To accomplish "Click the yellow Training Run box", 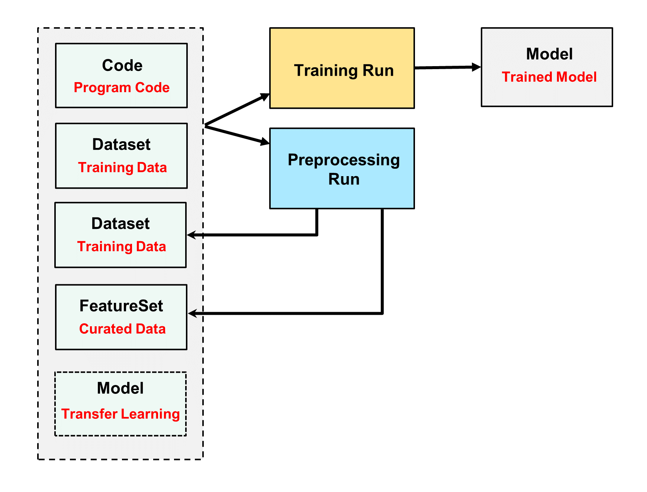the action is click(342, 68).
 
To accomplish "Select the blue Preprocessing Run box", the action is click(342, 168).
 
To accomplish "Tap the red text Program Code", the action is click(122, 88).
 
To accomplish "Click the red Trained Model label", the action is click(549, 77).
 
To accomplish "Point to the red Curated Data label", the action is click(122, 329).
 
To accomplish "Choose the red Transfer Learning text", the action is click(120, 414).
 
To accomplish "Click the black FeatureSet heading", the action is click(121, 306).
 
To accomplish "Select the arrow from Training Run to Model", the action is click(448, 67).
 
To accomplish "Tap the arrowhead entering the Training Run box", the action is click(265, 97).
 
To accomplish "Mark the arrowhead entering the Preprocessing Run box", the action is click(265, 142).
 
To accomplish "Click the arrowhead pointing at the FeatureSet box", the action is click(193, 314).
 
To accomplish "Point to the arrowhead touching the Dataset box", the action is click(192, 235).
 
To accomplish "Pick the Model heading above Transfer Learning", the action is click(120, 388).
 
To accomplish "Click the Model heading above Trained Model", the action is click(549, 54).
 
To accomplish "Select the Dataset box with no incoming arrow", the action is click(121, 156).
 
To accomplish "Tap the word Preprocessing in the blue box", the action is click(344, 160).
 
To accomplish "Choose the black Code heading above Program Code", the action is click(122, 65).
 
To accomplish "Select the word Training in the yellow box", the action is click(326, 71).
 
